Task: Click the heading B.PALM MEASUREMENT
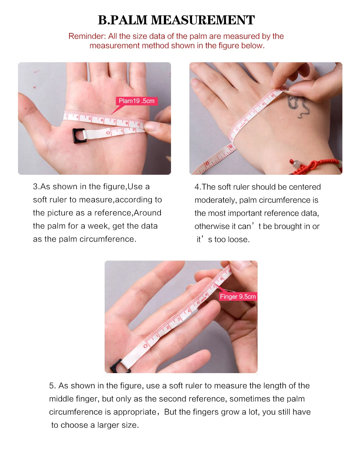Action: (176, 20)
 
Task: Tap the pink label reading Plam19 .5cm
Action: (136, 101)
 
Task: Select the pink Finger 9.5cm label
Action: (238, 296)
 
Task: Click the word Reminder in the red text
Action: (87, 36)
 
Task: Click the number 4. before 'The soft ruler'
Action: (198, 187)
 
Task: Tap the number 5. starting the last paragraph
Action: (52, 385)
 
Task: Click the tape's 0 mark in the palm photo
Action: (108, 133)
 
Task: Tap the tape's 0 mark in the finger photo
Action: (145, 346)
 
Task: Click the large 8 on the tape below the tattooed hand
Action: (230, 146)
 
